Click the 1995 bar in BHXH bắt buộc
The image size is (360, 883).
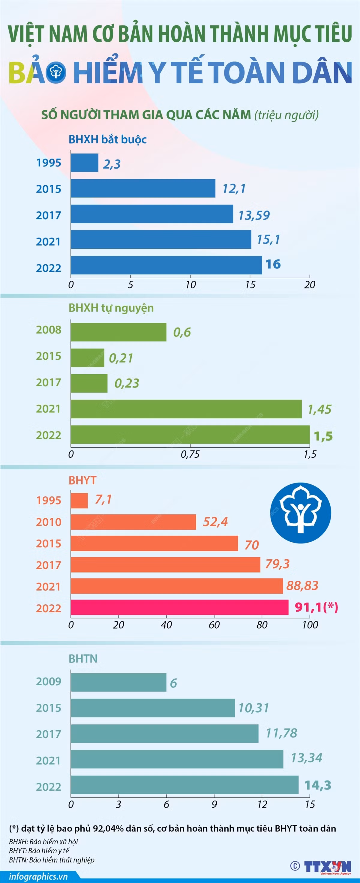pyautogui.click(x=84, y=163)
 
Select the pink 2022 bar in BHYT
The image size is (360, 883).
pyautogui.click(x=180, y=607)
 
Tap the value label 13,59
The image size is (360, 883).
pyautogui.click(x=254, y=215)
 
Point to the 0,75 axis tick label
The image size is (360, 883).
pyautogui.click(x=190, y=454)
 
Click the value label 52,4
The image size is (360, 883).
pyautogui.click(x=215, y=522)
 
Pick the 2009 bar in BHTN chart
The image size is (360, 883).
pyautogui.click(x=118, y=682)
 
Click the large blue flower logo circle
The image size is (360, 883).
pyautogui.click(x=301, y=513)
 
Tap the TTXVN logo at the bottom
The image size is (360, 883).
pyautogui.click(x=327, y=867)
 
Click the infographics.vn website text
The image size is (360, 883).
pyautogui.click(x=38, y=876)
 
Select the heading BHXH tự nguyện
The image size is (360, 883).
pyautogui.click(x=111, y=308)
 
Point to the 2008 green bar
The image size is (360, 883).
pyautogui.click(x=118, y=332)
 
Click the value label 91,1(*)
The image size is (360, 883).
pyautogui.click(x=316, y=607)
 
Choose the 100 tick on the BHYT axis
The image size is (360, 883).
pyautogui.click(x=310, y=624)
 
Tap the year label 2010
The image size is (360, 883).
pyautogui.click(x=49, y=522)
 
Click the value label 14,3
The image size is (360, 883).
pyautogui.click(x=318, y=785)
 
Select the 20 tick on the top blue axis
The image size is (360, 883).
pyautogui.click(x=310, y=285)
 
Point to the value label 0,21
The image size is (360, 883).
pyautogui.click(x=121, y=358)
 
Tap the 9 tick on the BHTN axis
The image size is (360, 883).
pyautogui.click(x=214, y=804)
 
